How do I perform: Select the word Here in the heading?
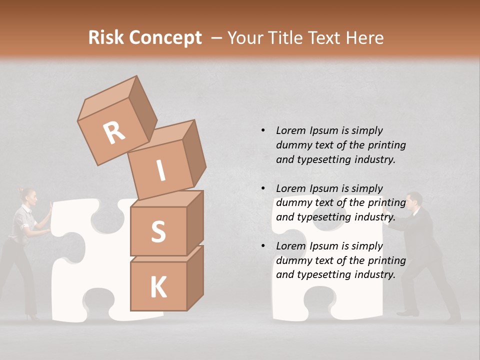tap(364, 38)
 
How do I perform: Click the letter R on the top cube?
tap(114, 132)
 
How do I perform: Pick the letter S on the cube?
tap(158, 231)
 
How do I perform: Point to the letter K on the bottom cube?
tap(158, 287)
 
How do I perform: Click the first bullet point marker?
tap(263, 130)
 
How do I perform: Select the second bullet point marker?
tap(263, 188)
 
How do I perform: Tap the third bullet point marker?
tap(263, 246)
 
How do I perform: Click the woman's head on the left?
tap(28, 196)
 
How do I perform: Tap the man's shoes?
tap(407, 313)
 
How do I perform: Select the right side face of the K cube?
tap(195, 278)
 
